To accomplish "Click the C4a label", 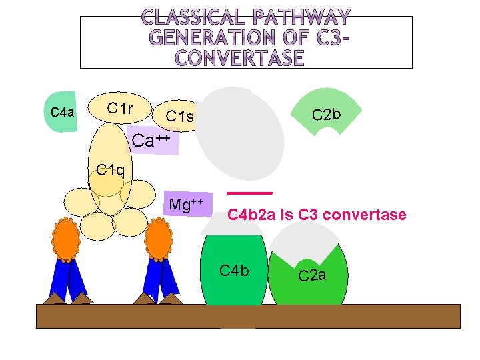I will (x=63, y=112).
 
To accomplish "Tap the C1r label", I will (x=120, y=108).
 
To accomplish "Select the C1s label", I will (x=180, y=117).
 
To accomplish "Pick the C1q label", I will (x=110, y=169).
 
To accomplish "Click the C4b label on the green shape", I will (x=234, y=271).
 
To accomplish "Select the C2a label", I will (x=312, y=274).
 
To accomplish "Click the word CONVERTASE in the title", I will (x=240, y=59).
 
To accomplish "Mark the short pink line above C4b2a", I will (x=250, y=193).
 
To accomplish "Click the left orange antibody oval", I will (x=66, y=240).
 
